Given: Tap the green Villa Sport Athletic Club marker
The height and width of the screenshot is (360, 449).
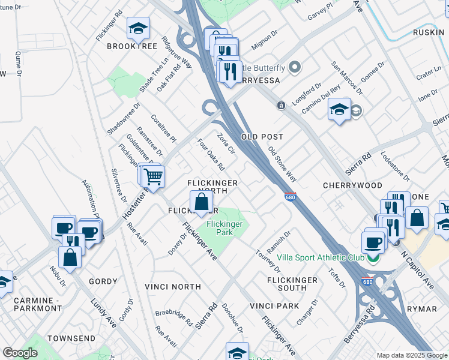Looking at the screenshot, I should click(373, 259).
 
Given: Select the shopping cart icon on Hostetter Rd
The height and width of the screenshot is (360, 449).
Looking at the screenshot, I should click(154, 176).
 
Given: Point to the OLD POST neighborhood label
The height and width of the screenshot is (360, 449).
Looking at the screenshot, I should click(262, 137).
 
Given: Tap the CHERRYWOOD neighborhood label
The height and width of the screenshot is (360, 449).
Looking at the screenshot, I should click(352, 185).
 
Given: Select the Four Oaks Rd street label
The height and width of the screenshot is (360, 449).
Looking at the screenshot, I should click(211, 155).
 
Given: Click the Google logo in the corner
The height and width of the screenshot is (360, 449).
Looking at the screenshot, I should click(20, 353).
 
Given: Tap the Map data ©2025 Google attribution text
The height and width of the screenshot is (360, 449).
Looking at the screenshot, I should click(411, 355).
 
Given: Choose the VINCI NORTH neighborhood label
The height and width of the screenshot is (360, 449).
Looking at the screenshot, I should click(173, 287).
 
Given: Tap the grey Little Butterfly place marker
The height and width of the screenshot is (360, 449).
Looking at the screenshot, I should click(294, 67).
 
